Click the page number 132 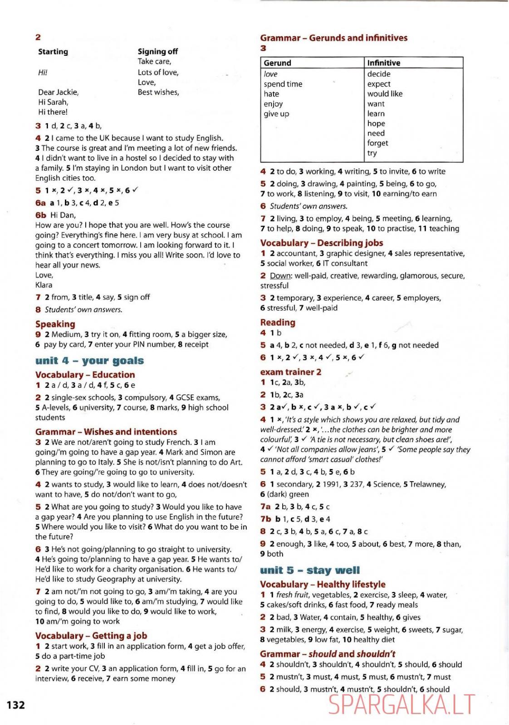tap(16, 705)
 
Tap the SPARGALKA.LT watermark tap(401, 706)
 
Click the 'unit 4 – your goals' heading tap(89, 361)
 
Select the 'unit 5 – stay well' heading tap(310, 570)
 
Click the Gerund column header tap(278, 63)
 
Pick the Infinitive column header tap(384, 63)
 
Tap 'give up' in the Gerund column tap(276, 114)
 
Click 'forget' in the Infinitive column tap(378, 143)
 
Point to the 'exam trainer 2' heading tap(291, 372)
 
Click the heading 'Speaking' tap(55, 324)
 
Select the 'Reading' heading tap(278, 323)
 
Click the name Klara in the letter tap(44, 285)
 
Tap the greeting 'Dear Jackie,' tap(59, 92)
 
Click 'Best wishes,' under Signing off tap(158, 92)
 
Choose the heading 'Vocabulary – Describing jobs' tap(322, 243)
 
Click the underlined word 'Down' tap(280, 276)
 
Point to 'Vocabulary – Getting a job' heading tap(91, 636)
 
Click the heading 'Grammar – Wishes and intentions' tap(106, 432)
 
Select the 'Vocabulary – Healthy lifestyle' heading tap(323, 585)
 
